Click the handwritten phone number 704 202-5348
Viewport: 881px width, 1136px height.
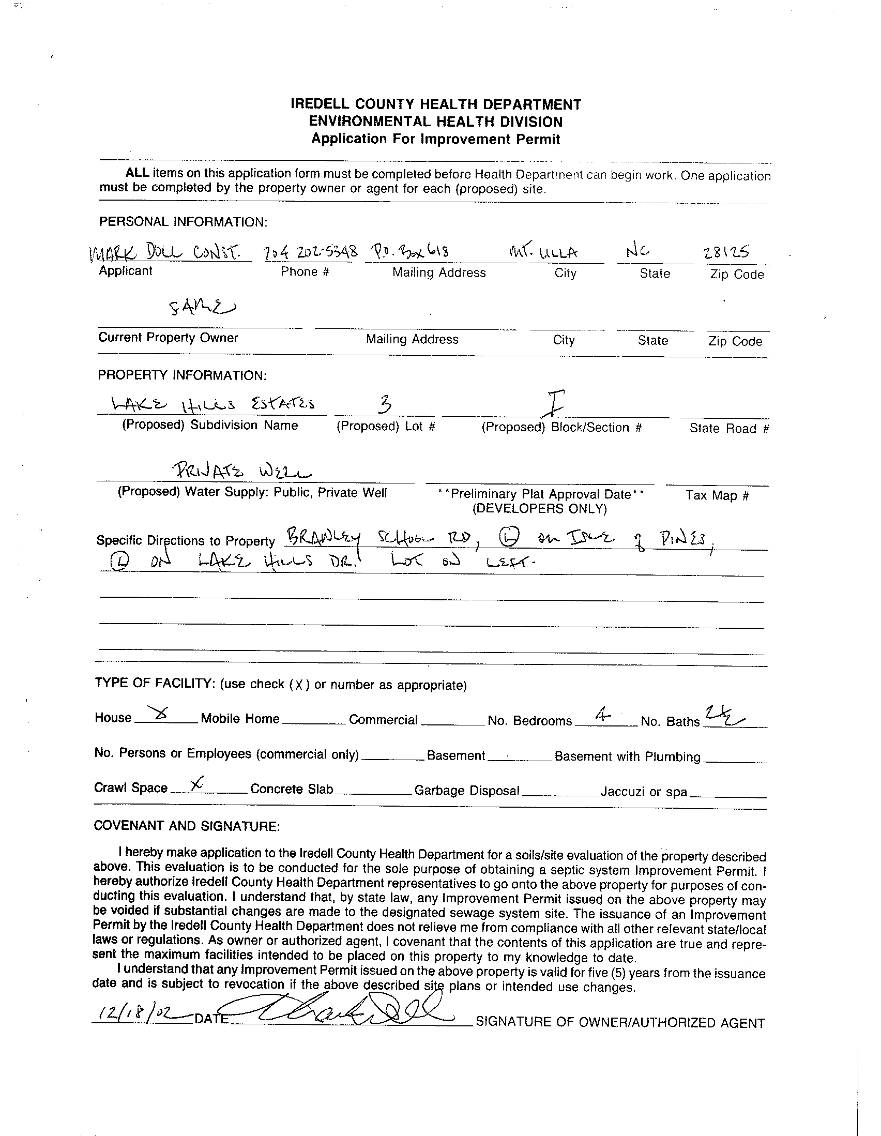311,252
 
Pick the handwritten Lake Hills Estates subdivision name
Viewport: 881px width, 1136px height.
213,404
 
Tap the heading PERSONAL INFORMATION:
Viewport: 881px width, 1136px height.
183,222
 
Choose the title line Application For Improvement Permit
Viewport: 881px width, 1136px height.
435,140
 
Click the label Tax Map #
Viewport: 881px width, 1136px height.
717,495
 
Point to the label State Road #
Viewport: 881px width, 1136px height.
728,429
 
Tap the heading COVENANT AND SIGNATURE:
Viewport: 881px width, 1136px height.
187,826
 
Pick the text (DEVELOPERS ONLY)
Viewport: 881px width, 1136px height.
539,509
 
